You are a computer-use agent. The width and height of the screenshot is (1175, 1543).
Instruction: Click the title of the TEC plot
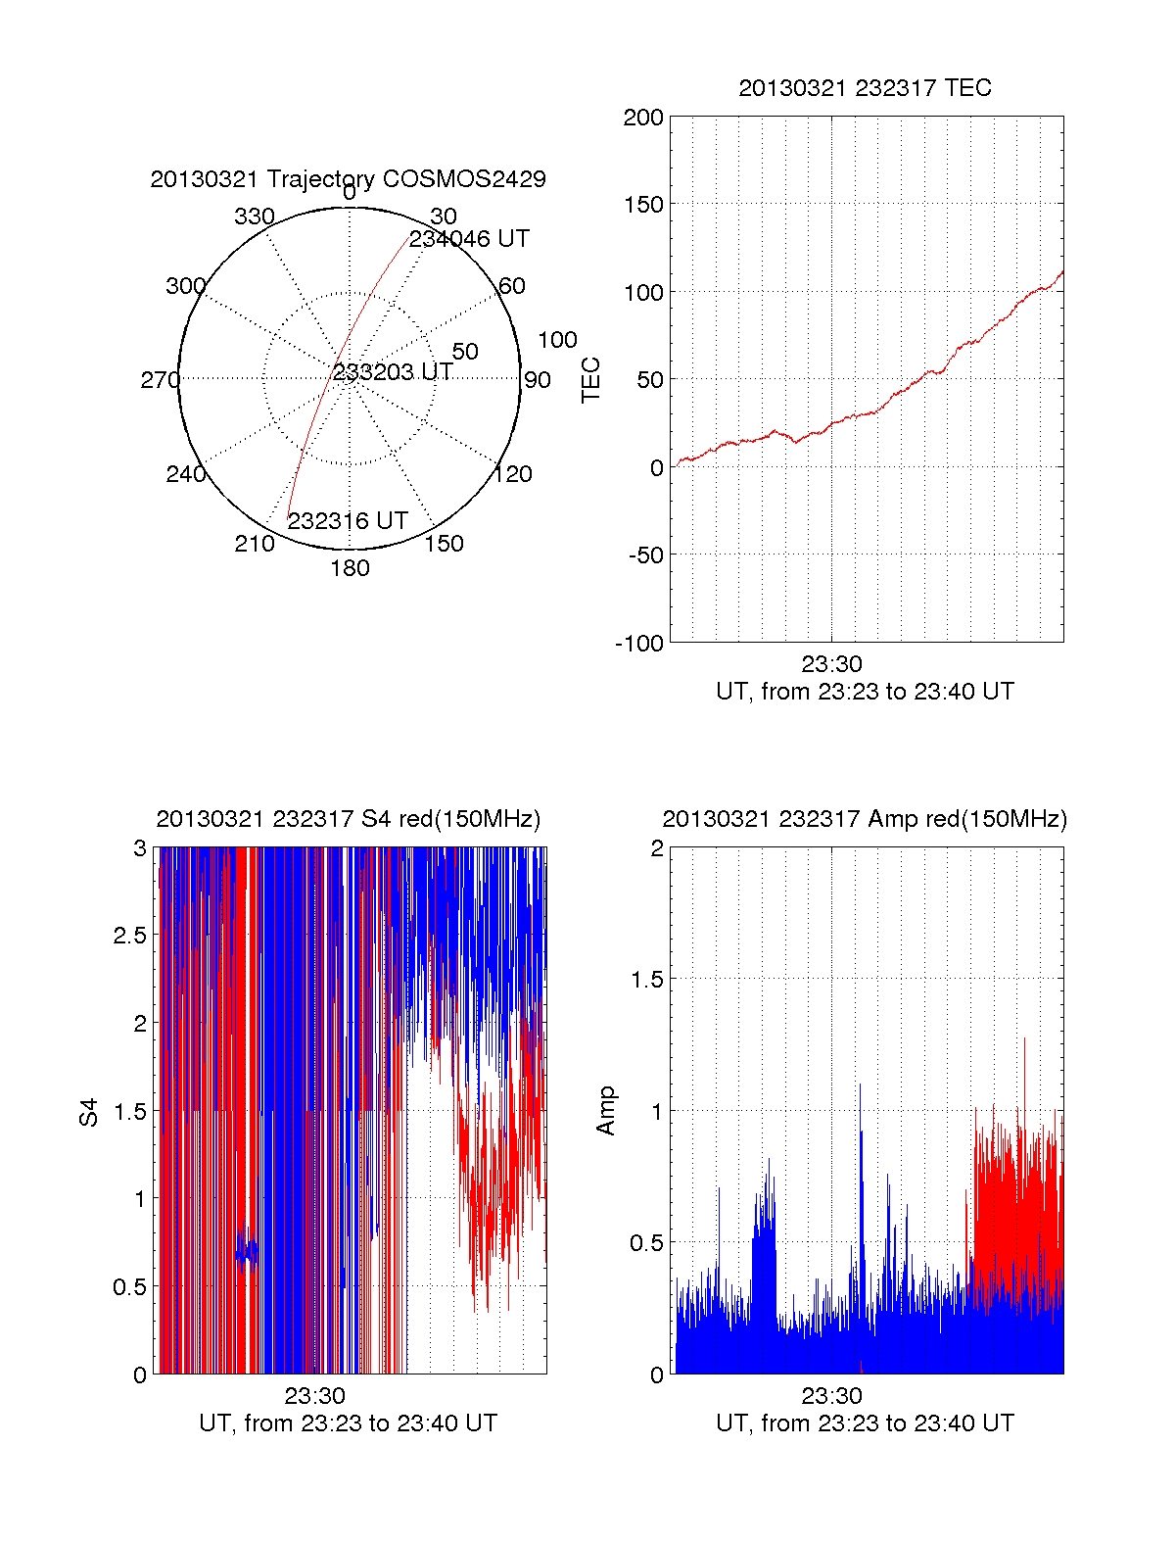[865, 88]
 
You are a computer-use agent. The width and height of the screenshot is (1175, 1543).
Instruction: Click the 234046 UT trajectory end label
[469, 239]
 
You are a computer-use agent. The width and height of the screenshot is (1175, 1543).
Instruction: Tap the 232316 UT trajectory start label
[348, 521]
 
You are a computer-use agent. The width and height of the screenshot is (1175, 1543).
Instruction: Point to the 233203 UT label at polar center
[393, 372]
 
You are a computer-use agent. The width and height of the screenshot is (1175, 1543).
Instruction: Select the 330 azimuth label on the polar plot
[254, 217]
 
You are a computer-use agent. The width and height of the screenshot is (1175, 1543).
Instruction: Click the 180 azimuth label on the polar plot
[350, 568]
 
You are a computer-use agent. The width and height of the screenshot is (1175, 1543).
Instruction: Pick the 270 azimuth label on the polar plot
[160, 380]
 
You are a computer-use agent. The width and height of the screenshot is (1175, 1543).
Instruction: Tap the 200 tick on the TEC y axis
[643, 119]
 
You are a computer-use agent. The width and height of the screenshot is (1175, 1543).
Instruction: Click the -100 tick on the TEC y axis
[639, 644]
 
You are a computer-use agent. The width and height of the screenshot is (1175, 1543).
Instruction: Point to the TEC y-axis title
[591, 380]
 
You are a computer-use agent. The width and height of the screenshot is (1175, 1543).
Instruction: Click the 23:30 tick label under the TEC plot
[831, 664]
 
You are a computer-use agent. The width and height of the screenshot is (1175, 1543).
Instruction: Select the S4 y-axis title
[89, 1112]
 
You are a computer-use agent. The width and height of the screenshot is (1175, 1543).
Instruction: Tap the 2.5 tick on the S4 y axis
[130, 936]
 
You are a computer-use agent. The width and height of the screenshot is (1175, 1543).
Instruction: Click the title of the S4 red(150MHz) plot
[348, 819]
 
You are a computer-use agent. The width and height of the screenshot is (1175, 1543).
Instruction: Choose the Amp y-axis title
[606, 1111]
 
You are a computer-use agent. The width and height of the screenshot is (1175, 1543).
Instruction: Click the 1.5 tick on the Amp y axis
[646, 980]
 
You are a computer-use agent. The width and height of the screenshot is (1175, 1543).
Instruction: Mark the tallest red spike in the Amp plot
[1024, 1040]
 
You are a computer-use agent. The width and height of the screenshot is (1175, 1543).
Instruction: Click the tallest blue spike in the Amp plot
[860, 1085]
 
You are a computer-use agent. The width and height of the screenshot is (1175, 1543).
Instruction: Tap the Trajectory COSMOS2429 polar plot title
[348, 179]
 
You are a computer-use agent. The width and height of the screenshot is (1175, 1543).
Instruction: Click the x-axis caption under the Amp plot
[865, 1423]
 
